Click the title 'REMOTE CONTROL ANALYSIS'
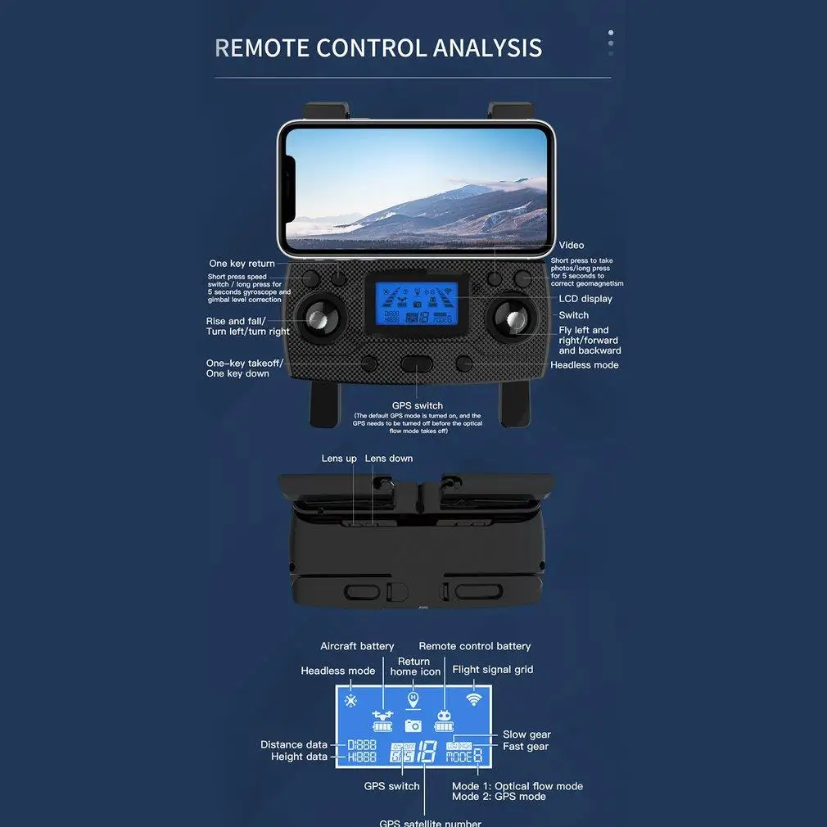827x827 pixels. [x=378, y=47]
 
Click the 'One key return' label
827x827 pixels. [x=242, y=264]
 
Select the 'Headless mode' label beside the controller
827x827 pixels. [x=584, y=365]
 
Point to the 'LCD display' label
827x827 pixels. [x=585, y=299]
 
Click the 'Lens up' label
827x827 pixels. [x=339, y=459]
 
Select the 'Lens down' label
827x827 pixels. [x=389, y=459]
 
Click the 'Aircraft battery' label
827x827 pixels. [x=357, y=646]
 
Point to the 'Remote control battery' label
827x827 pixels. [x=475, y=646]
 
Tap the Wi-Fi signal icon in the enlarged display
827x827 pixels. [x=473, y=699]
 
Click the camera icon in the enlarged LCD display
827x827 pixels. [x=413, y=725]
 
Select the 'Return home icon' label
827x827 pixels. [x=415, y=667]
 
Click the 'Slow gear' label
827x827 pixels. [x=526, y=734]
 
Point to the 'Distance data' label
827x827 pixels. [x=294, y=744]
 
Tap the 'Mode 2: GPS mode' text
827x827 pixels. [x=499, y=797]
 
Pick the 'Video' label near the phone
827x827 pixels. [x=572, y=246]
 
